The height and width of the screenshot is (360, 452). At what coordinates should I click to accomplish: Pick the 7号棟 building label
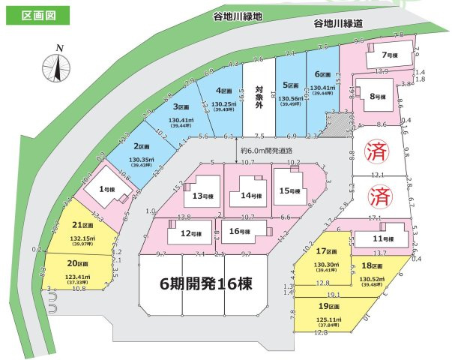pos(388,55)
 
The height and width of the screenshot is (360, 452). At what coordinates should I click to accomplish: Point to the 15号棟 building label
pos(289,190)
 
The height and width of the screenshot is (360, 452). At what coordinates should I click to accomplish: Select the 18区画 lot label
pos(372,265)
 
